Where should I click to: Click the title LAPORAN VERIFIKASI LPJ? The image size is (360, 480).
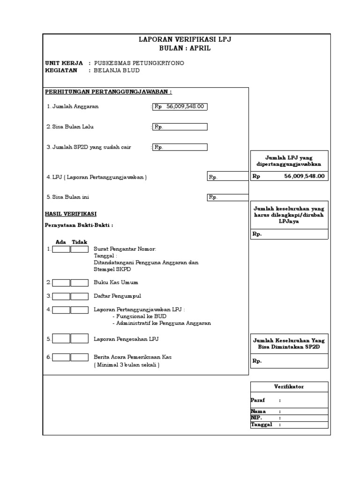[185, 40]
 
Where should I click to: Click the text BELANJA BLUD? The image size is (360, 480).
[117, 70]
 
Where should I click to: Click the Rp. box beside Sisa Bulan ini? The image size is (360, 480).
[227, 197]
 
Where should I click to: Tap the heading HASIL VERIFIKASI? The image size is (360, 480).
[70, 214]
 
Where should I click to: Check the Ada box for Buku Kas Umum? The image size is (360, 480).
[61, 283]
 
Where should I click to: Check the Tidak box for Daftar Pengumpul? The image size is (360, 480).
[79, 296]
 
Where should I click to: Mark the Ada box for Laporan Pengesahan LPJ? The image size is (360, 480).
[61, 338]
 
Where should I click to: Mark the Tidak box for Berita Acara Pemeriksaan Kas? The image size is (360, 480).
[79, 357]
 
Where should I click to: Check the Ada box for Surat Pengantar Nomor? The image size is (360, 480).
[61, 249]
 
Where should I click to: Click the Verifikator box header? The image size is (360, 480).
[289, 387]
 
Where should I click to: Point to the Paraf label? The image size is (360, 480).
[258, 400]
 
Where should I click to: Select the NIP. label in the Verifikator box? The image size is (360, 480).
[256, 417]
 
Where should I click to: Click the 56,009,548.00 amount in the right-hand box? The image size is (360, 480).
[304, 176]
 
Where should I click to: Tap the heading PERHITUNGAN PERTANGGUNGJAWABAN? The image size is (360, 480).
[108, 92]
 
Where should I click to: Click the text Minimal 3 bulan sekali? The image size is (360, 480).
[127, 365]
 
